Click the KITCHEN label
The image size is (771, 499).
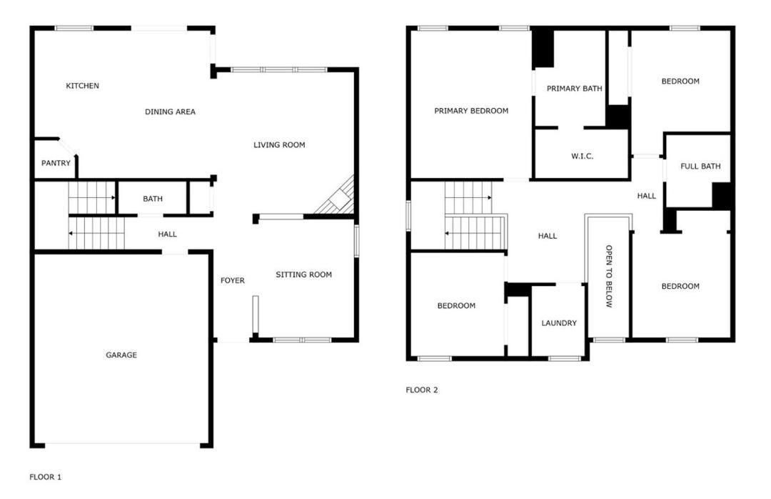click(x=83, y=86)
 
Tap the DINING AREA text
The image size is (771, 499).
click(x=170, y=112)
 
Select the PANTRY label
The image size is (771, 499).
click(x=56, y=163)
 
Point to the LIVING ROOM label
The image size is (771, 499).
click(x=279, y=145)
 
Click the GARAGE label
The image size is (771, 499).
click(x=121, y=355)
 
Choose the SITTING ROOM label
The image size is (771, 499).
click(x=304, y=275)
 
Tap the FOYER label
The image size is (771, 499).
click(x=233, y=280)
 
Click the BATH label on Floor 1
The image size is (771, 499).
click(x=153, y=199)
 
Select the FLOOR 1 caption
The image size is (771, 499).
click(x=45, y=477)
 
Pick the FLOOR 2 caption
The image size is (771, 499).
click(x=422, y=390)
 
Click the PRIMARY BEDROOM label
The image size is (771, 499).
click(x=471, y=111)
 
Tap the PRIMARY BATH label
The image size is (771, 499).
click(x=574, y=89)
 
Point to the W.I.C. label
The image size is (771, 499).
click(x=583, y=156)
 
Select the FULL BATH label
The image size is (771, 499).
click(x=701, y=167)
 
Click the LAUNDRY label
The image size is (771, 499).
click(x=559, y=323)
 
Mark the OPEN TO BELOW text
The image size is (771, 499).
click(x=609, y=277)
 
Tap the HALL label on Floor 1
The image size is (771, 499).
click(x=167, y=234)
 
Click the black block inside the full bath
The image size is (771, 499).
click(x=722, y=195)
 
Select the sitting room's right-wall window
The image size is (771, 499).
click(x=357, y=240)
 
